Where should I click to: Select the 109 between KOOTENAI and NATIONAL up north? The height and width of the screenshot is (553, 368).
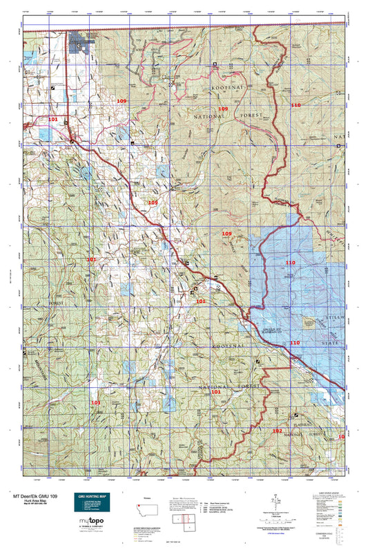222,109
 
